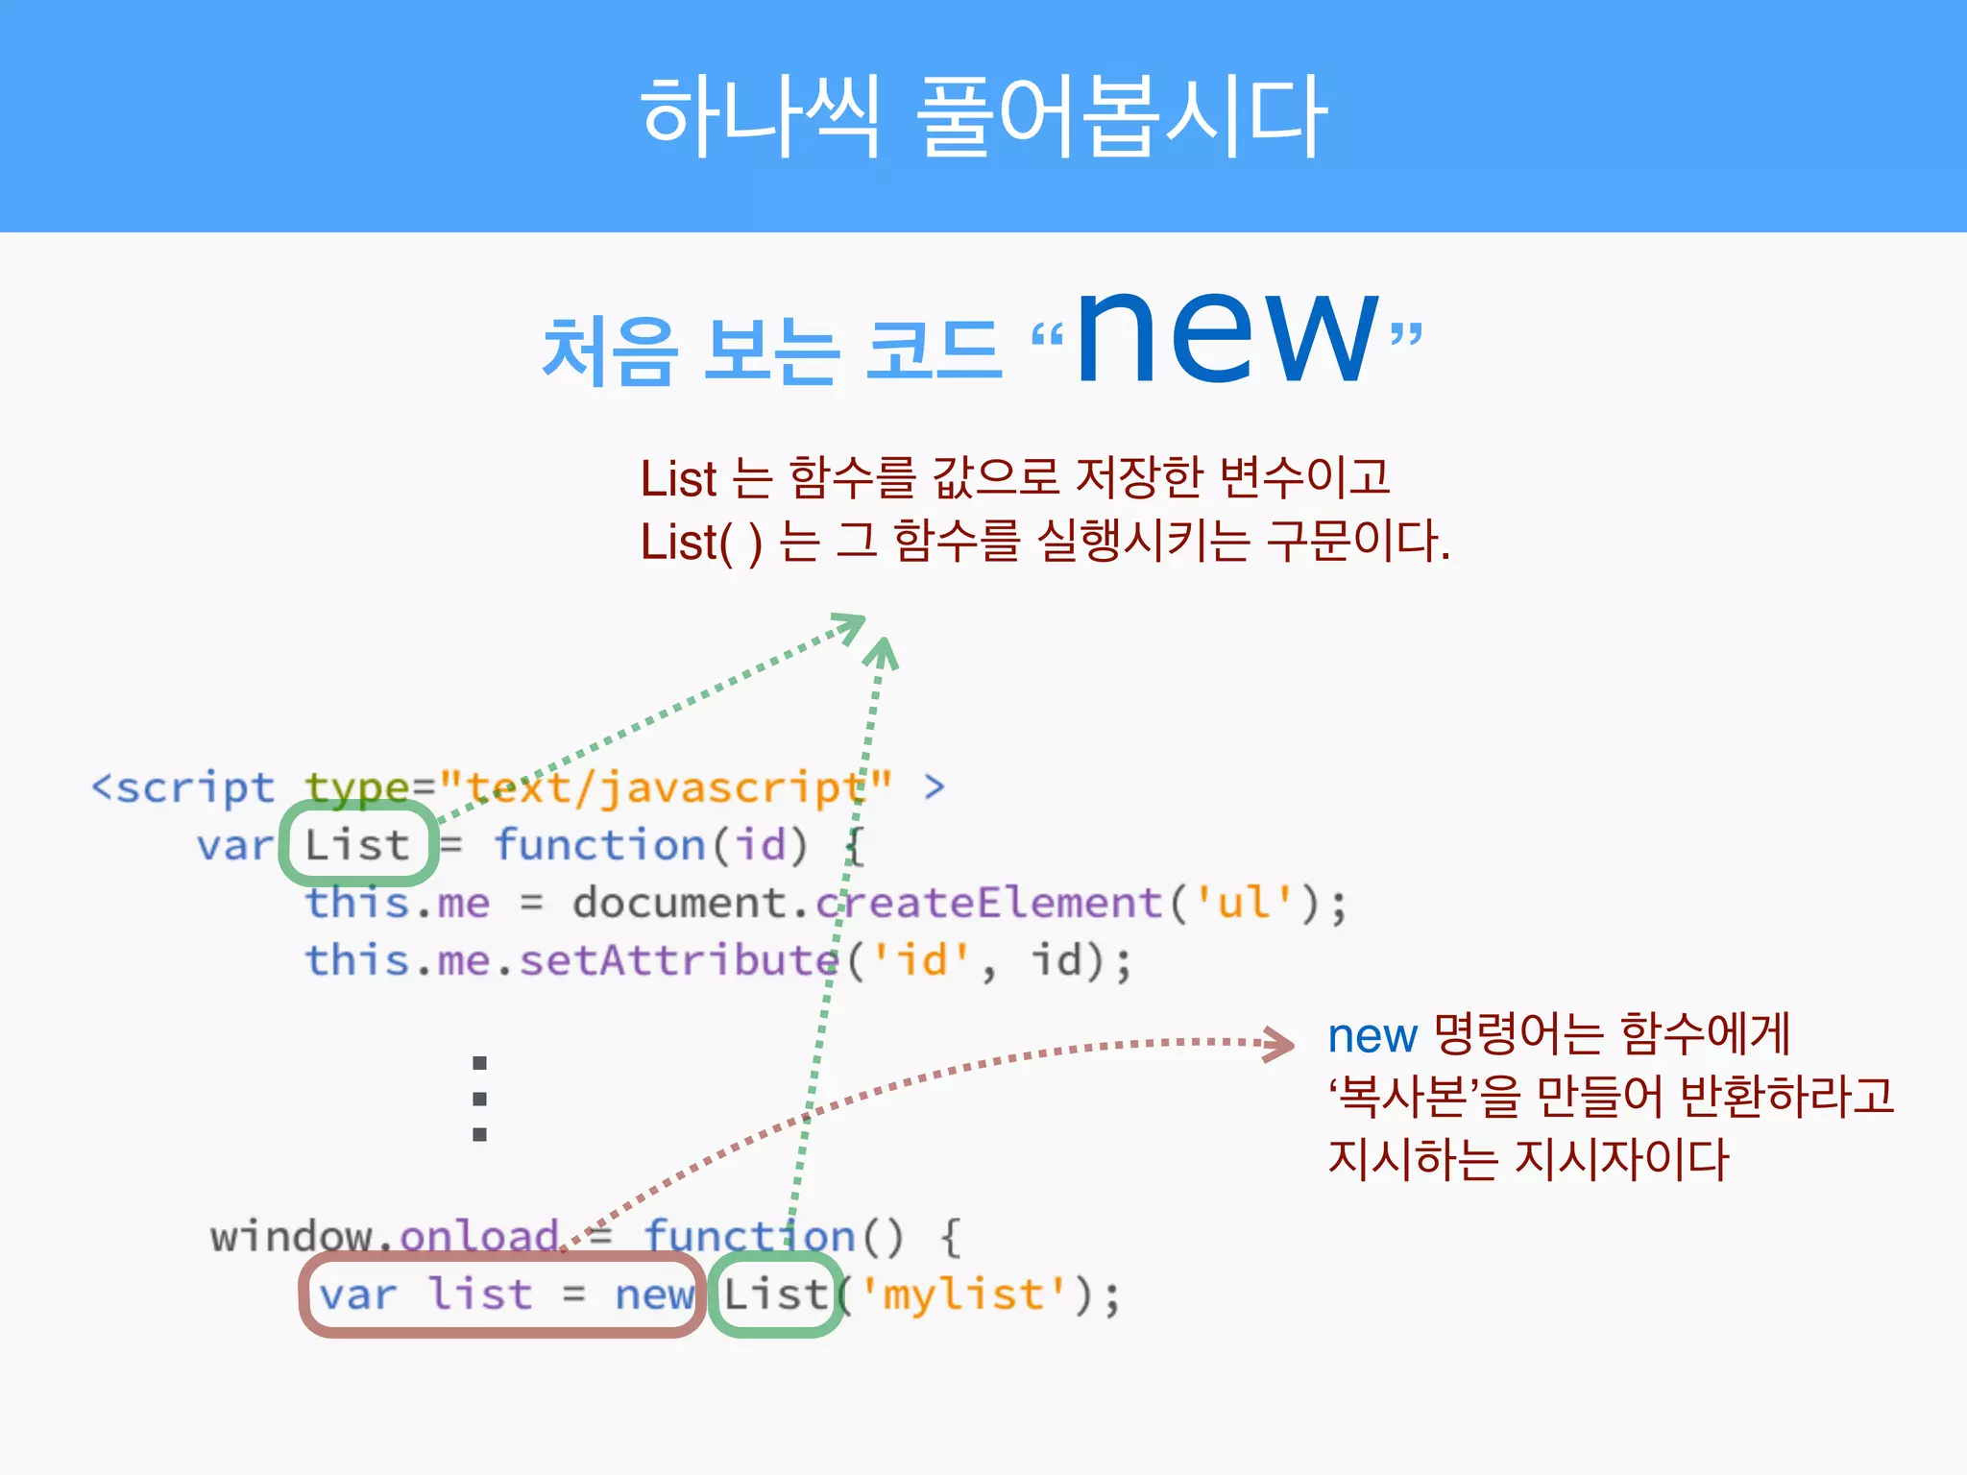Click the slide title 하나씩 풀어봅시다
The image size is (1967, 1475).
983,116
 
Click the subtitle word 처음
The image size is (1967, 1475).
610,351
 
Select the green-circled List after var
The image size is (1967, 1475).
357,846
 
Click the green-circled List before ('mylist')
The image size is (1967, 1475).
775,1294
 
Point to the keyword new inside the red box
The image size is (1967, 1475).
654,1294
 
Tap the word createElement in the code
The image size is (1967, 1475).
989,903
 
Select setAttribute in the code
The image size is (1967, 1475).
678,960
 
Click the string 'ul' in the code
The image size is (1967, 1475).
1244,903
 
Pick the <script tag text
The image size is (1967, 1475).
182,788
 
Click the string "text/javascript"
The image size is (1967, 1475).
667,788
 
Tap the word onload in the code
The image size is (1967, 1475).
479,1237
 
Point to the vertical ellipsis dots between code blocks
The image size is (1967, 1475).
480,1099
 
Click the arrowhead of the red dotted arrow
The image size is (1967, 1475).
1280,1044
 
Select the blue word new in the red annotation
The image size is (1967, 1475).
1372,1036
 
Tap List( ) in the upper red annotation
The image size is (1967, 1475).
701,543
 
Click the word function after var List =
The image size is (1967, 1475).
600,846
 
